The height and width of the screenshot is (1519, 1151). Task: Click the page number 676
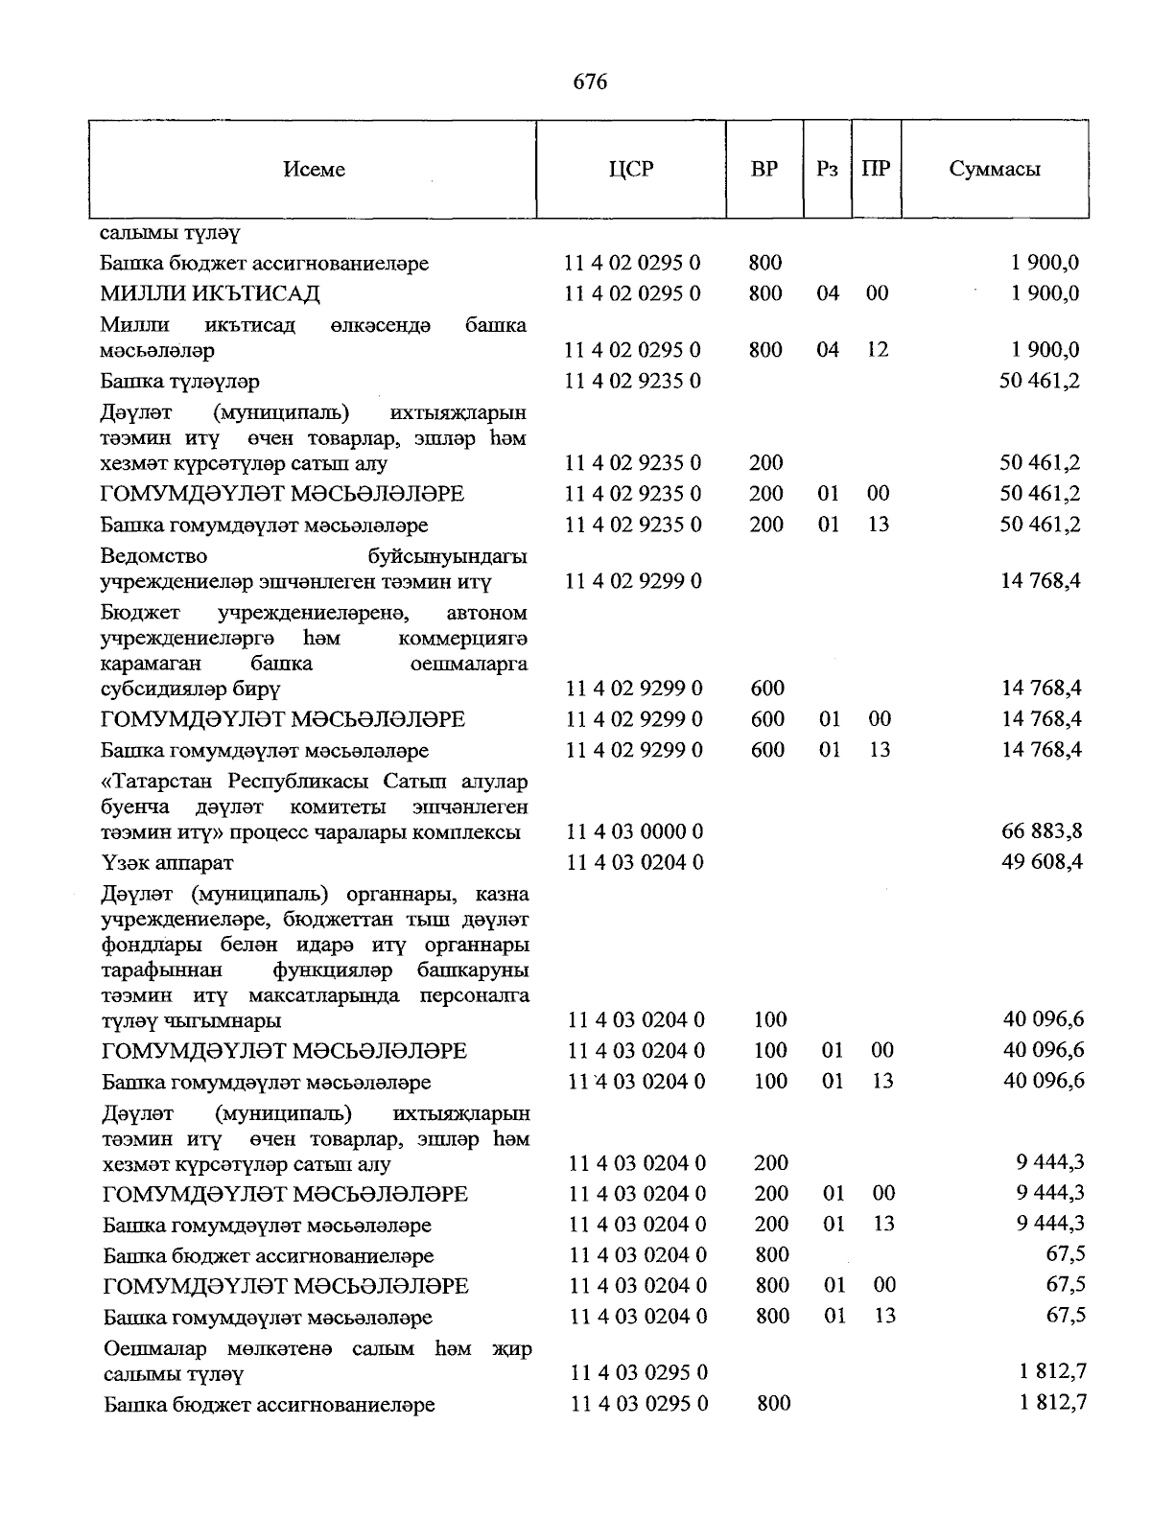coord(590,82)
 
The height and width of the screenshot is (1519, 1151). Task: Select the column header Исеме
coord(314,170)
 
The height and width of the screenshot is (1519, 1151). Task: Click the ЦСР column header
coord(630,170)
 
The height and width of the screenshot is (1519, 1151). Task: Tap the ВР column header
coord(763,170)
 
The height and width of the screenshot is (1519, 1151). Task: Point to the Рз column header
coord(827,170)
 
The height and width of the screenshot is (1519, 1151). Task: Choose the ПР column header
coord(876,170)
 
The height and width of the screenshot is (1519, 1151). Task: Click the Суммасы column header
coord(995,170)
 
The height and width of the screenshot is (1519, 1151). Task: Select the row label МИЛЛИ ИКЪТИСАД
coord(210,293)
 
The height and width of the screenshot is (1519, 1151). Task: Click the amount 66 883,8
coord(1042,830)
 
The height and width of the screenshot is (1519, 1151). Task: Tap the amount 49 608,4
coord(1042,861)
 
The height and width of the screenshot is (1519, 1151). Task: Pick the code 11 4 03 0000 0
coord(635,831)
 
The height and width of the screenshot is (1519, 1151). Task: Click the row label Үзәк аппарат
coord(167,862)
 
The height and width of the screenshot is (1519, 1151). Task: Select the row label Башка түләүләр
coord(179,382)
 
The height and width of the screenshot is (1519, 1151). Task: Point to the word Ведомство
coord(153,556)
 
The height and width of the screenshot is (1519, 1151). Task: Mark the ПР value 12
coord(878,350)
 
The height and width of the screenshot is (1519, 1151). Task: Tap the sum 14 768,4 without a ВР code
coord(1042,581)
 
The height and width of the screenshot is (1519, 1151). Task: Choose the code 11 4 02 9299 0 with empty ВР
coord(633,581)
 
